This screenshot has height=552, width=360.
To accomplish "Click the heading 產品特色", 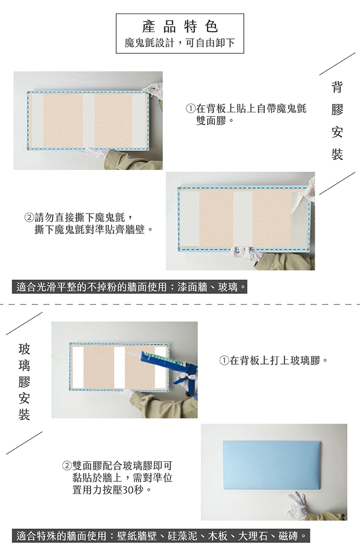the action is coord(180,26).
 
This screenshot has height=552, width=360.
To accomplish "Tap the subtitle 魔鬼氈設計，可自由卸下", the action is coord(180,43).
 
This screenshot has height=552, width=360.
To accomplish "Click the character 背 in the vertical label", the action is coord(337,87).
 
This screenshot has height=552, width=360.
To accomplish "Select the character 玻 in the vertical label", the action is coord(24,349).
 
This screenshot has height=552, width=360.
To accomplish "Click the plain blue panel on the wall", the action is coord(272,465).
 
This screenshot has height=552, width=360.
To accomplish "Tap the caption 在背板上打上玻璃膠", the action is coord(275,361).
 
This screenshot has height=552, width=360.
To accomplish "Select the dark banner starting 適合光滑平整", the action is coord(130,287).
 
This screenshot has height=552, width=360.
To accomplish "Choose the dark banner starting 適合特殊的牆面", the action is coord(161,536).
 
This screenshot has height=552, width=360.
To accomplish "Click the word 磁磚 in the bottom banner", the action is coord(288,536).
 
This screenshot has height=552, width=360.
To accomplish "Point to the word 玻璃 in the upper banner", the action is coord(228,287).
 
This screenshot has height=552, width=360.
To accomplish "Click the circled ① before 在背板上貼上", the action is coord(191,108).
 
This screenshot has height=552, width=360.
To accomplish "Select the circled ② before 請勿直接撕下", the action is coord(29,217).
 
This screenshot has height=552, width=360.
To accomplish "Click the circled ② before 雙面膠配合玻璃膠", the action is coord(67,466).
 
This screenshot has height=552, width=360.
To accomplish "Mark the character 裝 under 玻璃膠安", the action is coord(24,414).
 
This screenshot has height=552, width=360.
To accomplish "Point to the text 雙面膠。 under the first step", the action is coord(215,121).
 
